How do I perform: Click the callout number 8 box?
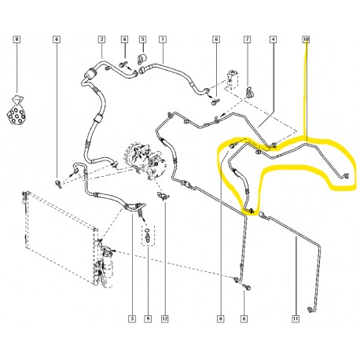click(x=17, y=39)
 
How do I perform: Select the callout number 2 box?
click(x=101, y=39)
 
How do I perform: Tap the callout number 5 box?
click(x=143, y=39)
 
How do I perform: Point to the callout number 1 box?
click(x=163, y=39)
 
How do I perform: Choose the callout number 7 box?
click(x=248, y=39)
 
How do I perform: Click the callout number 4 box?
click(x=273, y=39)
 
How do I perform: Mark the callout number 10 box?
click(x=306, y=39)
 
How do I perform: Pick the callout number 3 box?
click(x=132, y=319)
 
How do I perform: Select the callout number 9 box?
click(x=148, y=319)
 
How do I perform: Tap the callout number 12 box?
click(x=165, y=319)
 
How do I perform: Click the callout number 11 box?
click(x=296, y=319)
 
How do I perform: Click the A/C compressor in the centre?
click(x=145, y=160)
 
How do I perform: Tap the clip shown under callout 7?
click(x=249, y=92)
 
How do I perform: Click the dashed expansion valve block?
click(x=233, y=80)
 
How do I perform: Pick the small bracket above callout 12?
click(x=164, y=196)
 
